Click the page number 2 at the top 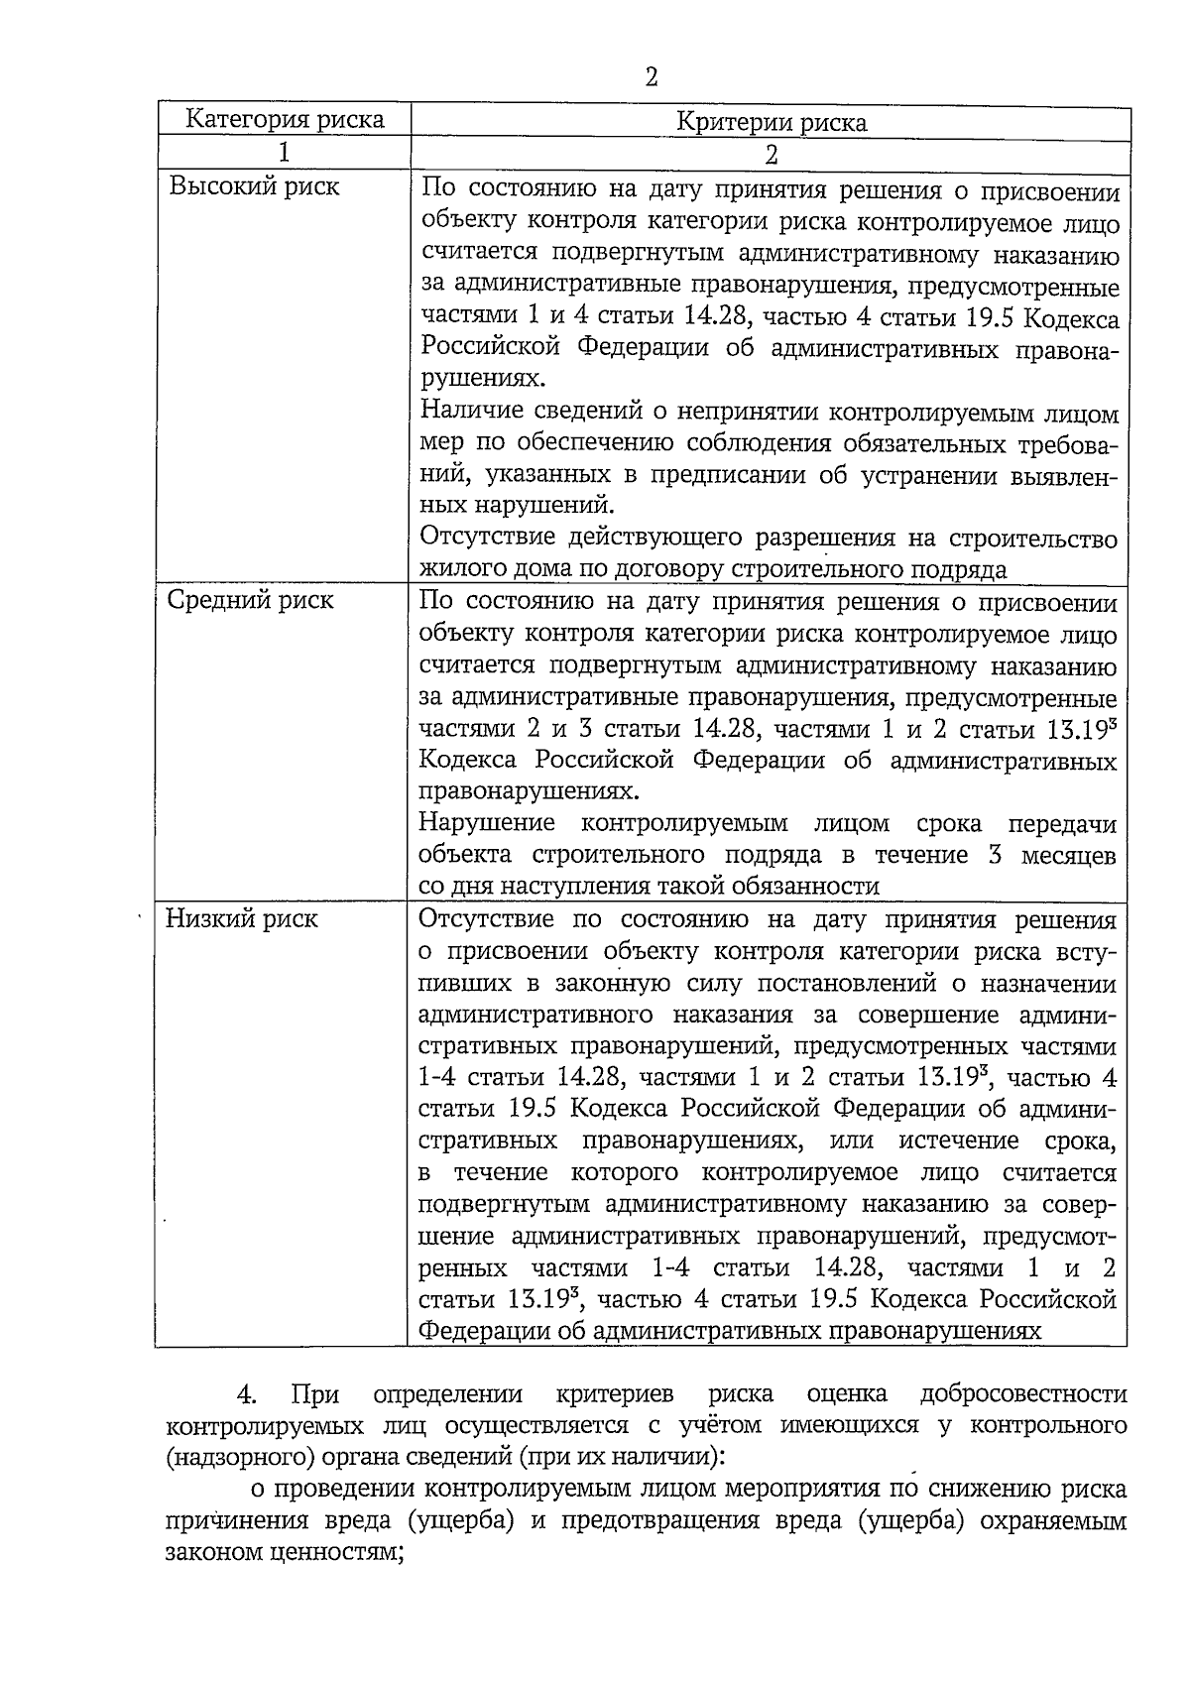652,77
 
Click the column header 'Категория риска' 286,120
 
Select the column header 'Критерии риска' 771,123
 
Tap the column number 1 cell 285,153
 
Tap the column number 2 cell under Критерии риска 771,155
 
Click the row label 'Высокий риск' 254,186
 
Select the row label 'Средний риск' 250,600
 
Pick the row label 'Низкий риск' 241,918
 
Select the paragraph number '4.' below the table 247,1394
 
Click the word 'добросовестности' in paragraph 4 1023,1394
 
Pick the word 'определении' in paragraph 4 448,1394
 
